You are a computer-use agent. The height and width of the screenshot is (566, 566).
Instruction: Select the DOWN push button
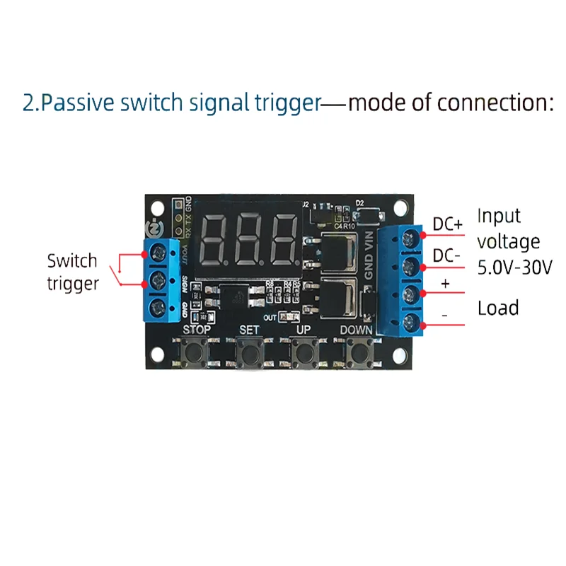(358, 352)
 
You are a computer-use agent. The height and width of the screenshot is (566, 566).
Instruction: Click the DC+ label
(447, 224)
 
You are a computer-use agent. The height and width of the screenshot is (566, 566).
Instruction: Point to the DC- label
(447, 256)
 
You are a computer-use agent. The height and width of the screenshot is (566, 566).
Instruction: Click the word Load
(498, 308)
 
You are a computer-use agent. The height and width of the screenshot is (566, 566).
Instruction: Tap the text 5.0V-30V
(514, 267)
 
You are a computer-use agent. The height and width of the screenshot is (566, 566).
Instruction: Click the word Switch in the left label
(72, 260)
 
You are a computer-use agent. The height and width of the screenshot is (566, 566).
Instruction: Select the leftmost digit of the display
(215, 238)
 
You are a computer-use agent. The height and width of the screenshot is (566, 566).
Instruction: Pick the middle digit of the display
(249, 238)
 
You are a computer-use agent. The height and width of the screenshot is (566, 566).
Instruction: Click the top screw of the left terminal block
(158, 250)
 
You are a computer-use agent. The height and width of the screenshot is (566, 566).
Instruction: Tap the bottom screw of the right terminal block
(409, 325)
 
